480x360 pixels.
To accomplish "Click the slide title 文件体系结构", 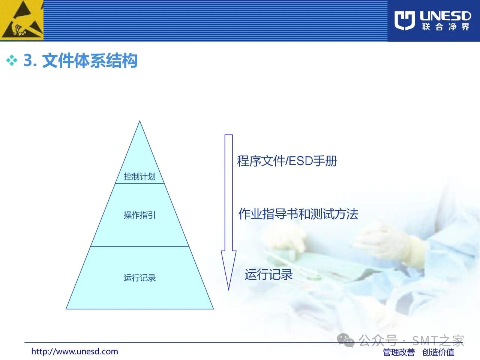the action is (90, 60).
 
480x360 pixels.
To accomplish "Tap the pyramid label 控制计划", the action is (139, 176).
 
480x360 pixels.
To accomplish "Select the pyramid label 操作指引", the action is (139, 215).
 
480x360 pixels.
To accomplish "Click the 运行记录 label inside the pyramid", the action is (139, 278).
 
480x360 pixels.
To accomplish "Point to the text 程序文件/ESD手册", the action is (287, 161).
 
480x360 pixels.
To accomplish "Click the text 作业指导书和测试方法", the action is (298, 214).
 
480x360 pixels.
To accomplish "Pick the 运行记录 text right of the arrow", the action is (268, 274).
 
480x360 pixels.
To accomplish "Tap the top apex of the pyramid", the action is (140, 121).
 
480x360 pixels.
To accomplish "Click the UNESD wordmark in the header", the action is (445, 16).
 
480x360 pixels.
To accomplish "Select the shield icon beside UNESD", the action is (405, 20).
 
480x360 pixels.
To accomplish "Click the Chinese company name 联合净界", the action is (445, 27).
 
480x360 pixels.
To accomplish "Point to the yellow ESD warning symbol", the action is (22, 20).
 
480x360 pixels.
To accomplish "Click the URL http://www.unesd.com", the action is (75, 351).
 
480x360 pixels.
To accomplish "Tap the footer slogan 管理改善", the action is (399, 352).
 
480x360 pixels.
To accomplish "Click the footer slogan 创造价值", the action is (438, 352).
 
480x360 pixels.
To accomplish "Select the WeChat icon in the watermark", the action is (345, 340).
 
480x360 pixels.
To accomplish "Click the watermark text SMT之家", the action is (438, 340).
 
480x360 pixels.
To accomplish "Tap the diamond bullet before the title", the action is (12, 60).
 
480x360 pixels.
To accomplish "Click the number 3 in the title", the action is (28, 60).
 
